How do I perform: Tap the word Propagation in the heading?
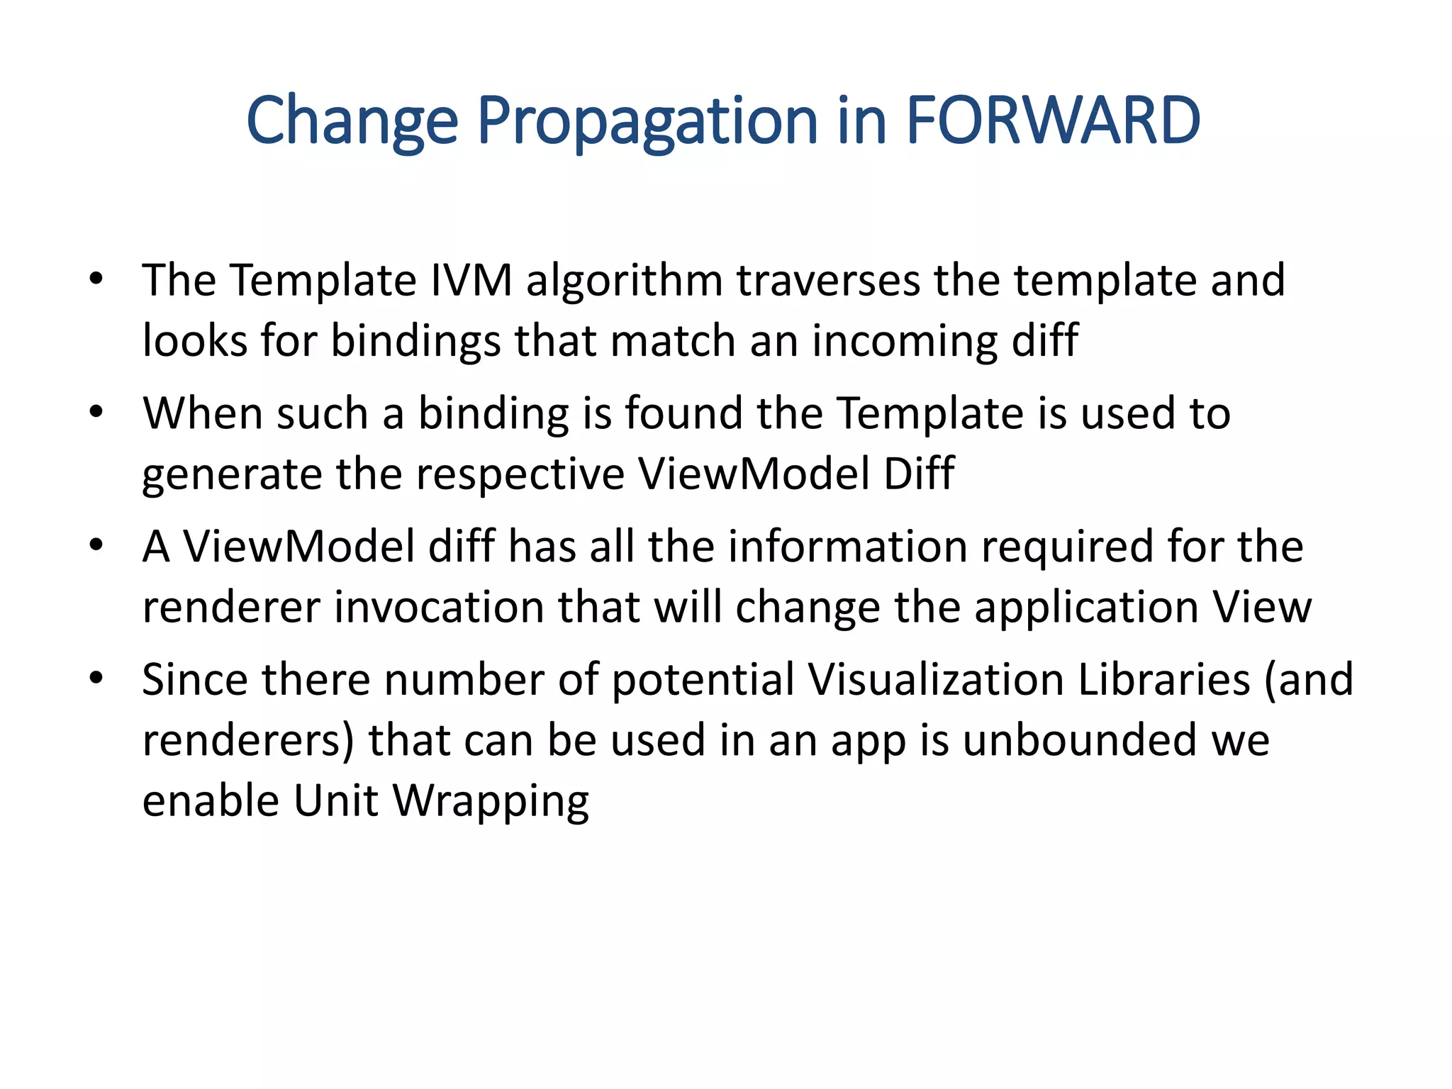647,122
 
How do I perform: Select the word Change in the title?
352,122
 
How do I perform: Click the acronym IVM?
471,280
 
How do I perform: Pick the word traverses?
828,280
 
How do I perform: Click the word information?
848,547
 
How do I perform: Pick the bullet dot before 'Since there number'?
97,678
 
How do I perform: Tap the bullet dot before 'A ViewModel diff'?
97,544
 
